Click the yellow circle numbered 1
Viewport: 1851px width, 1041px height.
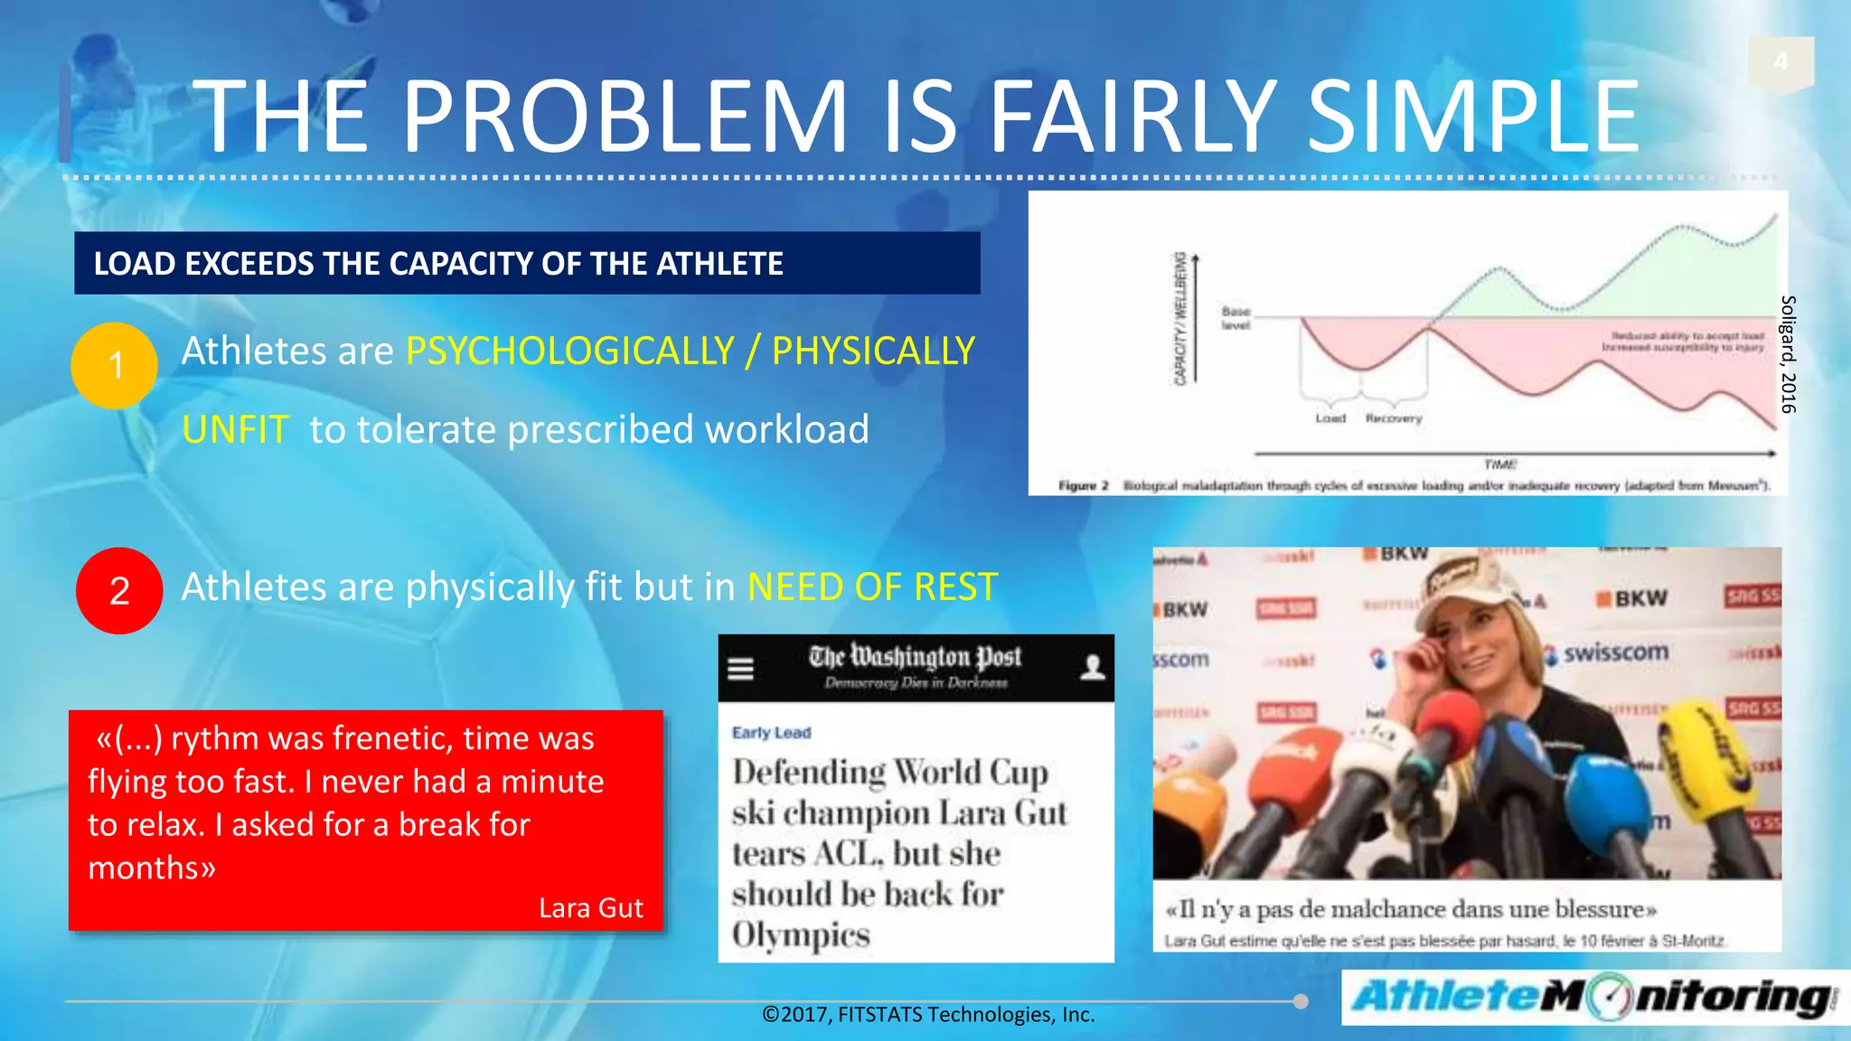[115, 366]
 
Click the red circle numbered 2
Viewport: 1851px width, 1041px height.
[119, 591]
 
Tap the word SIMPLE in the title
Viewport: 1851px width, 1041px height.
[1473, 117]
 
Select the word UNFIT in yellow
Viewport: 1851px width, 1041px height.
[235, 430]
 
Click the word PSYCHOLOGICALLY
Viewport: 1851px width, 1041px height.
[570, 351]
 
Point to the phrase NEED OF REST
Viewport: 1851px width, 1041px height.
[872, 587]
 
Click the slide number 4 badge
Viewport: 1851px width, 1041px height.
[1781, 61]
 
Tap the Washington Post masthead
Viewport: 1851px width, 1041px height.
[915, 658]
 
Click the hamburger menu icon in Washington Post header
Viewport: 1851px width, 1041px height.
[741, 669]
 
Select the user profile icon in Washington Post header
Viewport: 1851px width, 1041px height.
[1093, 668]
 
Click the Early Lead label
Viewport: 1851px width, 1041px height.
[771, 733]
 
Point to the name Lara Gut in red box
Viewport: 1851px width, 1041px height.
[590, 908]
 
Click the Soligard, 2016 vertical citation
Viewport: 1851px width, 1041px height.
[1787, 354]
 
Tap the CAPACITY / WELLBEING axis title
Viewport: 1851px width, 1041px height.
[1179, 319]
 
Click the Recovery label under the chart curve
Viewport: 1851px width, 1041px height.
[1393, 419]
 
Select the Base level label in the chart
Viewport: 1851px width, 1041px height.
[1236, 318]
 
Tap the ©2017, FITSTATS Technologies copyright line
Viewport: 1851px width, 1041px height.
[928, 1015]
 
